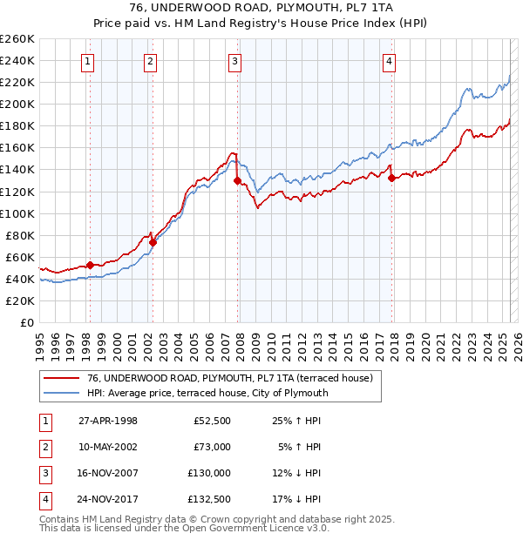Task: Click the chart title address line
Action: coord(261,9)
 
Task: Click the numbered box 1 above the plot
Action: coord(89,61)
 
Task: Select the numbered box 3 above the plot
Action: coord(235,61)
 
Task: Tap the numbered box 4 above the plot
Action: coord(388,61)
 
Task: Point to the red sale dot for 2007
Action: coord(237,181)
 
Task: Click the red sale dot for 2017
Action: coord(391,179)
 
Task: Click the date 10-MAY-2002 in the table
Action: coord(108,447)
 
